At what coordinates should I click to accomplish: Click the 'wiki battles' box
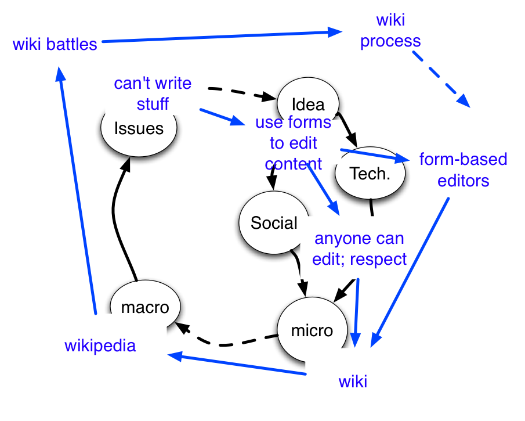click(55, 44)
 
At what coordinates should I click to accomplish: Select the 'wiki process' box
click(390, 30)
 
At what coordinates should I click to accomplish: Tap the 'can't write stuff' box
click(153, 93)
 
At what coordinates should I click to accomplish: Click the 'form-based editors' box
click(464, 169)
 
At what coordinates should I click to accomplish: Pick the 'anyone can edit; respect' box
click(360, 249)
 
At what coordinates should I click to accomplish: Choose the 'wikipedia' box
click(100, 346)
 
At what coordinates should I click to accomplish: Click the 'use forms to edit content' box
click(293, 142)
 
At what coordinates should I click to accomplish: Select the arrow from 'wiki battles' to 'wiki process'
click(220, 37)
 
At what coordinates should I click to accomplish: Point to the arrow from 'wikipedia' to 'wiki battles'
click(78, 192)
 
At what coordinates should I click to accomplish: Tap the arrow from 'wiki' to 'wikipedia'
click(238, 364)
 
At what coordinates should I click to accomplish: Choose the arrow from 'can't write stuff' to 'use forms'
click(223, 117)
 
